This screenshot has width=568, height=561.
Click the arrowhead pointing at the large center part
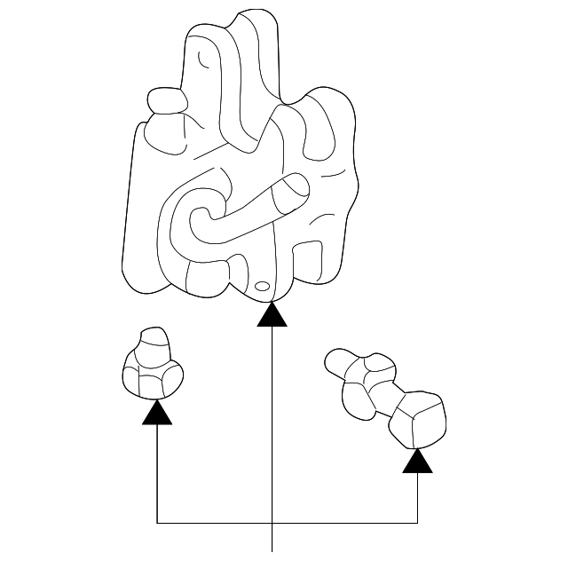272,315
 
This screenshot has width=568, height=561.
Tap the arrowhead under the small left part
157,412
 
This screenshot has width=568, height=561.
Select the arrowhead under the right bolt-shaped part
417,461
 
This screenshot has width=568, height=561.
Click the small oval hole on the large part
263,287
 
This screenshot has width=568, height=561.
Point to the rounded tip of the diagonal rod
296,187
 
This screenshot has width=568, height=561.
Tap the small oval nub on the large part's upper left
165,100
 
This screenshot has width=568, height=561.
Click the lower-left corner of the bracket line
157,522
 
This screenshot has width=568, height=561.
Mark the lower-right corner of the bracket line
417,522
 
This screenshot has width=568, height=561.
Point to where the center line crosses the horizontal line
272,522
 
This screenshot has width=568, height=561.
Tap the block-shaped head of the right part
418,420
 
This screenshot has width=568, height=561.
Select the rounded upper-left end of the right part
338,360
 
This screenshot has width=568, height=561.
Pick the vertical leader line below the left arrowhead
157,470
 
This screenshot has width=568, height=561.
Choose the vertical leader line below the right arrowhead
417,497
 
